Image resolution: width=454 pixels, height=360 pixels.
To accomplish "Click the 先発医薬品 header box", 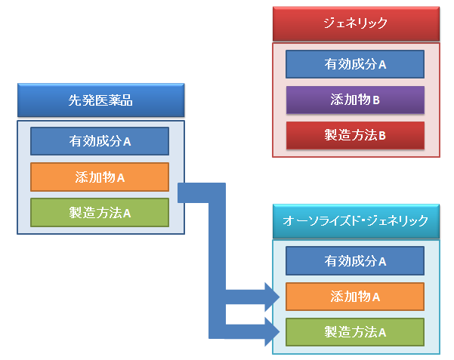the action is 100,100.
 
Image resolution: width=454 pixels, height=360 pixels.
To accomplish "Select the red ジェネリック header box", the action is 356,23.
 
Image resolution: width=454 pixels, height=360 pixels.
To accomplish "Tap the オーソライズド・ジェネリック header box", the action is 356,221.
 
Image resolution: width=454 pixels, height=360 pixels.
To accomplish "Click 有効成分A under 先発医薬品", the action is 100,141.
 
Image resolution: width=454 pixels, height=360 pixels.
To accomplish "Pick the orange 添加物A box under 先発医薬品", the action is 100,177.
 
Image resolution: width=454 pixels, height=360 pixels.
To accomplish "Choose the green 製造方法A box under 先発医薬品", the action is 100,213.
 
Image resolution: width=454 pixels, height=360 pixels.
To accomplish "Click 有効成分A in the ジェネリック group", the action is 355,64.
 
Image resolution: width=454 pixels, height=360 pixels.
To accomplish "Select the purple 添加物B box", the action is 355,100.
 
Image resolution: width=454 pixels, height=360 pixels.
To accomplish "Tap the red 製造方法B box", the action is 355,135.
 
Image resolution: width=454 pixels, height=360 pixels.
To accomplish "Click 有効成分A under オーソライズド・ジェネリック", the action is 355,260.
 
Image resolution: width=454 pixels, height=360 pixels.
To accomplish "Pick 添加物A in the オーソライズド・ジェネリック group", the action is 355,297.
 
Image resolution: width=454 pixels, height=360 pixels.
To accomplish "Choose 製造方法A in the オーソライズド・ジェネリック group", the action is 355,332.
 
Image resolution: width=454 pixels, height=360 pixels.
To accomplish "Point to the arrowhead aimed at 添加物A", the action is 273,297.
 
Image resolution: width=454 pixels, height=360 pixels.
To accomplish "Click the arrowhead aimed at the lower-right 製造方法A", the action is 273,331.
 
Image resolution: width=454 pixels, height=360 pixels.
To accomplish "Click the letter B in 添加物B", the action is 376,100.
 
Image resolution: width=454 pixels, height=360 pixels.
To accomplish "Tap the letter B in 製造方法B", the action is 382,136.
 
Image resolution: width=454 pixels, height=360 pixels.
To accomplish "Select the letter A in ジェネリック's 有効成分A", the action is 382,65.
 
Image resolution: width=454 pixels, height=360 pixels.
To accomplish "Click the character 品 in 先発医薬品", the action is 126,100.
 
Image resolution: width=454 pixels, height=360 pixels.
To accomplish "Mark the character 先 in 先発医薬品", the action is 75,100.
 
